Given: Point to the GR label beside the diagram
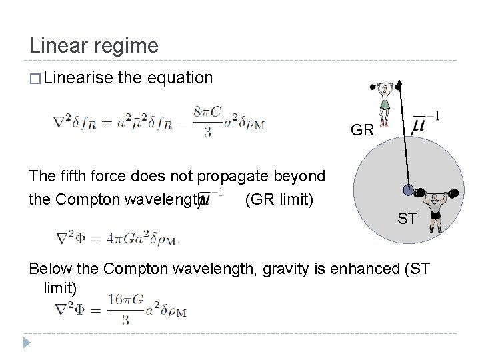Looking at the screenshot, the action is coord(362,130).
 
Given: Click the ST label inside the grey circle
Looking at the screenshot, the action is coord(408,218).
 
